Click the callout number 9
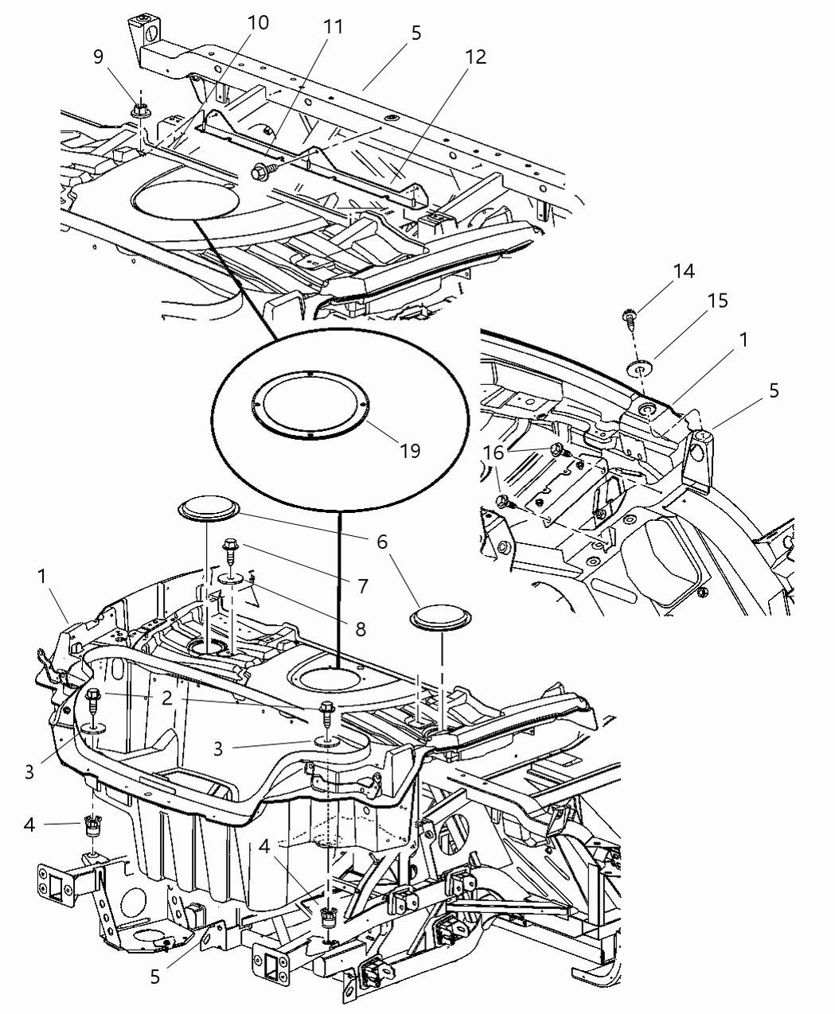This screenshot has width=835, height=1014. pos(99,56)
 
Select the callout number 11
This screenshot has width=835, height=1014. pos(333,27)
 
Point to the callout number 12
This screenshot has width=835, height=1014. pos(476,56)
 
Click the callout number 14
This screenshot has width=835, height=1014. pos(683,271)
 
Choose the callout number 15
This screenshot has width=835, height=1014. pos(717,301)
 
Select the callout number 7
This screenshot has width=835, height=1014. pos(362,586)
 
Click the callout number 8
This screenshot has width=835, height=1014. pos(361,629)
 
